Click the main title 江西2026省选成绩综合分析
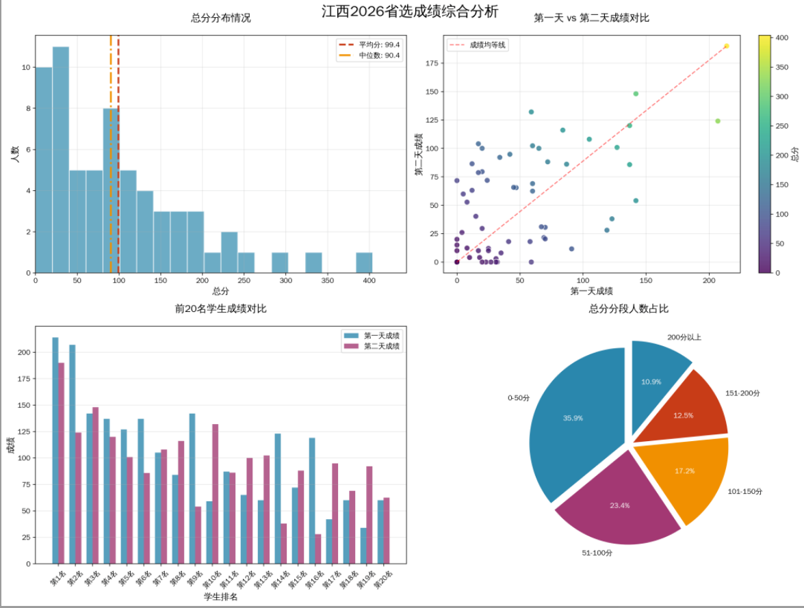click(410, 12)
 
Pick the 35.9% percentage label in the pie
click(573, 418)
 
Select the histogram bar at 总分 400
click(364, 263)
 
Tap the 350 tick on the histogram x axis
click(328, 280)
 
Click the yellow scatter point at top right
click(726, 47)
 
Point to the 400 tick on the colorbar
click(781, 38)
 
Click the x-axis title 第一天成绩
click(591, 291)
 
